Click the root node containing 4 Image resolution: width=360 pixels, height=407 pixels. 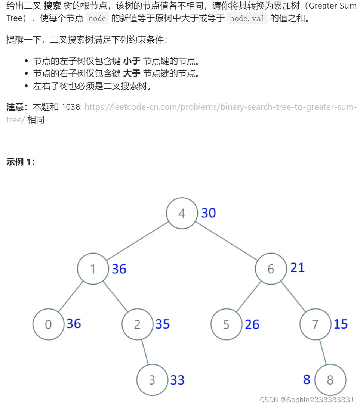click(x=182, y=213)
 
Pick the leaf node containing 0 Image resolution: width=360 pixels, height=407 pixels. click(x=48, y=324)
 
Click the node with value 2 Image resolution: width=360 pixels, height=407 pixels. click(x=137, y=324)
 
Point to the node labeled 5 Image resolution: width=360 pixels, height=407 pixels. click(x=226, y=324)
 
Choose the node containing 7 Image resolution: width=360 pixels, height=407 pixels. click(x=315, y=324)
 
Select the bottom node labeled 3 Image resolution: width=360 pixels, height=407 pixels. click(x=152, y=380)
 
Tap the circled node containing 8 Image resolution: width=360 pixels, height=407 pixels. click(x=330, y=380)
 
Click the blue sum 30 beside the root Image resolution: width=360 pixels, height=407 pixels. click(x=209, y=213)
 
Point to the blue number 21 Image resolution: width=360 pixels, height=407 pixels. click(x=298, y=267)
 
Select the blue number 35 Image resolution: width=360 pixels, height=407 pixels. click(x=163, y=324)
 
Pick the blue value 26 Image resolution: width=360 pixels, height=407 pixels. click(x=252, y=324)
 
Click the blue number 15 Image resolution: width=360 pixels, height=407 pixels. click(x=341, y=324)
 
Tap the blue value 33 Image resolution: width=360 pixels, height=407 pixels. click(x=178, y=380)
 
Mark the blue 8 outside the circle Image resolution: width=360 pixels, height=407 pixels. click(x=307, y=379)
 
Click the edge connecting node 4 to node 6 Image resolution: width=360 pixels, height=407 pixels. click(x=226, y=241)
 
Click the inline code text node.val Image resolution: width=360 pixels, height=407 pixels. click(x=247, y=18)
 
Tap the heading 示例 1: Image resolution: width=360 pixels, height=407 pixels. click(x=21, y=162)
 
